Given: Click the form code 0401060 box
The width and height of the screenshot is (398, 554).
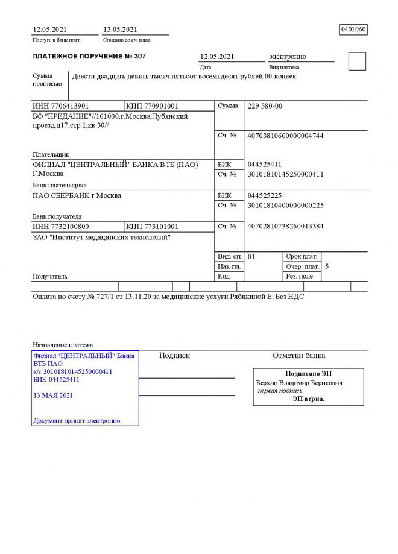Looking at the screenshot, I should click(353, 30).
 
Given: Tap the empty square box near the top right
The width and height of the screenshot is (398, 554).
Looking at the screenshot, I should click(357, 61).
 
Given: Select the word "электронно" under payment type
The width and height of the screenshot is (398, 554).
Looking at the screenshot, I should click(287, 57).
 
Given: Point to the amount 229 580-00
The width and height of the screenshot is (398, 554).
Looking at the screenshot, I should click(265, 106).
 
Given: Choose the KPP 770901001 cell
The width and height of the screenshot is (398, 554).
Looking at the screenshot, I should click(152, 106).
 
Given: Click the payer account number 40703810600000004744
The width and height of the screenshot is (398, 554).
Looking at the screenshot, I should click(285, 136).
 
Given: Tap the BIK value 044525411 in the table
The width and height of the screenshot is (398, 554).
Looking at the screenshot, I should click(265, 165).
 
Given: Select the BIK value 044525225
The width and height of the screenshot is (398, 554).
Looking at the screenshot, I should click(265, 196).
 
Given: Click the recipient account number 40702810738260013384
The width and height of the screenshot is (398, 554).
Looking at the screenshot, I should click(285, 227).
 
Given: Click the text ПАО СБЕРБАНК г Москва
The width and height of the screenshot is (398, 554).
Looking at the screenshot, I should click(77, 196).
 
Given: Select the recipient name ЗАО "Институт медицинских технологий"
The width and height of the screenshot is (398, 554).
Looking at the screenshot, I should click(101, 238).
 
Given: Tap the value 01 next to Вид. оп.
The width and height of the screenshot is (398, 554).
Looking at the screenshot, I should click(251, 257).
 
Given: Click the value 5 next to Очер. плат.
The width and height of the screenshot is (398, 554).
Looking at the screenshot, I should click(327, 266).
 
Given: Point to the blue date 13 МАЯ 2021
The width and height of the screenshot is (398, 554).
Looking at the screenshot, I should click(53, 395).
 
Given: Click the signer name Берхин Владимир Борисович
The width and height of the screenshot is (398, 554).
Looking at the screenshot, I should click(299, 383).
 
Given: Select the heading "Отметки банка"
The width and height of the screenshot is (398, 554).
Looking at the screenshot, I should click(298, 356).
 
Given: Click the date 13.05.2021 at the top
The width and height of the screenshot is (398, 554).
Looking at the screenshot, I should click(120, 30).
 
